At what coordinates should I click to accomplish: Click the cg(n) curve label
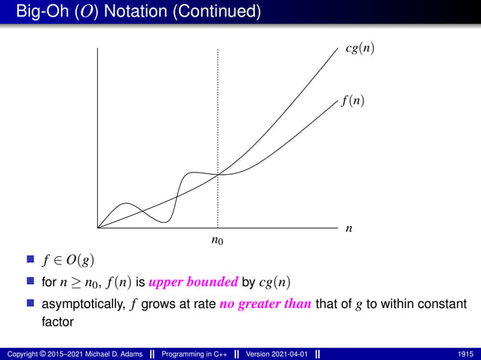[360, 49]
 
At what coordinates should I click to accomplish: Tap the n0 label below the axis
[217, 242]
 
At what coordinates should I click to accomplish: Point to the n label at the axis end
[348, 227]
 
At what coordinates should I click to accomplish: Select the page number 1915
[466, 354]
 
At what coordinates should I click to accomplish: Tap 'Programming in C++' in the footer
[197, 354]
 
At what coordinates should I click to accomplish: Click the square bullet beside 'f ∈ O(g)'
[31, 261]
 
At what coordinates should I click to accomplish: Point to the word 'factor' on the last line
[57, 321]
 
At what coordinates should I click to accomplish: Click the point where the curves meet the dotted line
[218, 175]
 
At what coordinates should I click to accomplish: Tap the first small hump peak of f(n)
[126, 204]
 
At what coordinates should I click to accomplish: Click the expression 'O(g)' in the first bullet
[79, 261]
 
